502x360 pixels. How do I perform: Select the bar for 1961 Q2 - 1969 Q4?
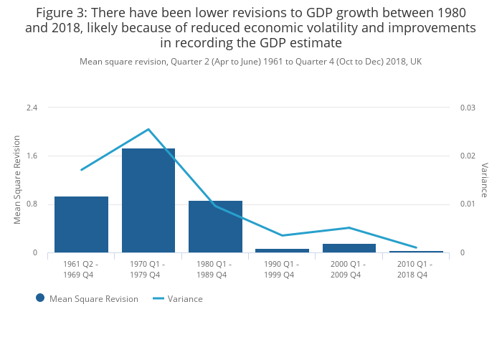[81, 224]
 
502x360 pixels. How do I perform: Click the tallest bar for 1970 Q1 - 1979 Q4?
[148, 201]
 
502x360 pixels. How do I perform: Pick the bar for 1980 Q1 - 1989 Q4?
[215, 227]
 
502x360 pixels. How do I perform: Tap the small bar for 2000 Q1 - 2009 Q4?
[349, 248]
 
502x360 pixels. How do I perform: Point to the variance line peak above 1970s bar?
[148, 129]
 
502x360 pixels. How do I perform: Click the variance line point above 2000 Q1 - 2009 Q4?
[349, 228]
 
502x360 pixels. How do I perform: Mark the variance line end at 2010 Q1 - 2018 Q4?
[416, 247]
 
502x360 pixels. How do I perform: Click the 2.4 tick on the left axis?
[32, 108]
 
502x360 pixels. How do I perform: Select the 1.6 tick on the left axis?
[32, 156]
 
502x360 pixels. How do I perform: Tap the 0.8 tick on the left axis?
[32, 204]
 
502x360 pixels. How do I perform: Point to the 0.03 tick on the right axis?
[468, 108]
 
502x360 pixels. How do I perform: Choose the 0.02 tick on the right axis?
[468, 156]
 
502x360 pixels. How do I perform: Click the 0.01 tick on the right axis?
[468, 204]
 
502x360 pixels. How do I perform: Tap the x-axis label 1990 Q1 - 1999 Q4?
[282, 269]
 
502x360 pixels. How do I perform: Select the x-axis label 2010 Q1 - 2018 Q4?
[416, 269]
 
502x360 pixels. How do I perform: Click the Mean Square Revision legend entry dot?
[40, 298]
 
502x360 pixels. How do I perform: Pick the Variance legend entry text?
[185, 299]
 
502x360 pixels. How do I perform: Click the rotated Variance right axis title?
[484, 180]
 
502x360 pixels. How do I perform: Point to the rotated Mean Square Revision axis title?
[17, 180]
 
